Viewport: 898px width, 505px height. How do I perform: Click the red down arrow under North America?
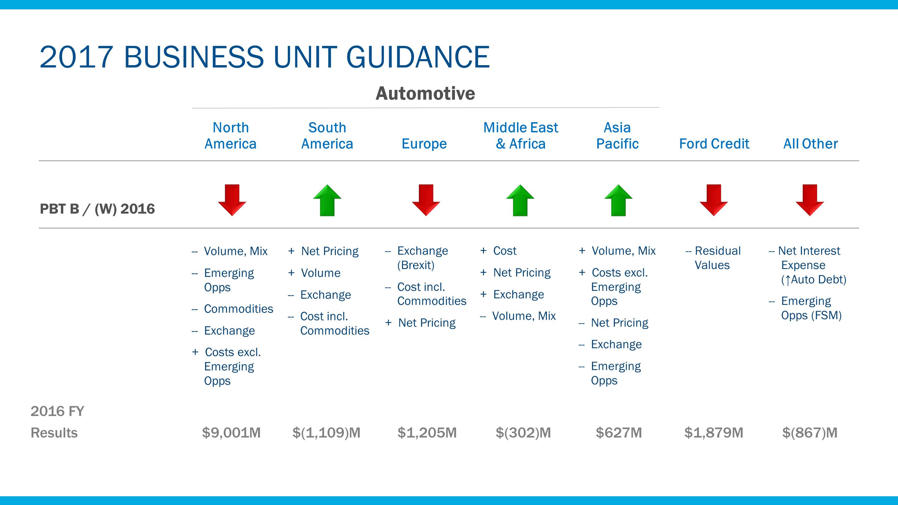click(x=232, y=200)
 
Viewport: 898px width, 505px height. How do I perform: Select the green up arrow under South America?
click(x=327, y=200)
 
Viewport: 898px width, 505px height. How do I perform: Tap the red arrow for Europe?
click(x=426, y=200)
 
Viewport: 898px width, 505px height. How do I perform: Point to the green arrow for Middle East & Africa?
click(x=520, y=200)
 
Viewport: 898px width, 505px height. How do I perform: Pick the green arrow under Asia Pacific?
click(x=618, y=200)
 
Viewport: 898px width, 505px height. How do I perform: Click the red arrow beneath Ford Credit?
click(x=714, y=200)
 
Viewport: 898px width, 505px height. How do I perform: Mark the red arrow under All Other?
click(x=810, y=200)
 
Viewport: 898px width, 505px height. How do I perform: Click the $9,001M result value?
click(x=231, y=432)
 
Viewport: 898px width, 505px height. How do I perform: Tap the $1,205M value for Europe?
click(x=427, y=432)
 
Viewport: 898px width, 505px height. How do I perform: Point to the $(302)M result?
click(x=523, y=432)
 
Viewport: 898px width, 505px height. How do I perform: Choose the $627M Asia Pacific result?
click(x=619, y=432)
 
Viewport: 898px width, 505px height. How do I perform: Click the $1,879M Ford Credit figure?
click(x=714, y=432)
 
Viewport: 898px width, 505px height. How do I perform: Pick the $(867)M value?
click(x=810, y=432)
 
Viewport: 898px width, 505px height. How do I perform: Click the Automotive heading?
click(x=425, y=94)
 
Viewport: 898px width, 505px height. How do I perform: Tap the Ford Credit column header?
click(x=714, y=144)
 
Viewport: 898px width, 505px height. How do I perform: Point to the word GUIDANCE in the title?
click(x=418, y=57)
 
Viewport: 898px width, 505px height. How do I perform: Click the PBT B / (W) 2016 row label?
click(x=97, y=209)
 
